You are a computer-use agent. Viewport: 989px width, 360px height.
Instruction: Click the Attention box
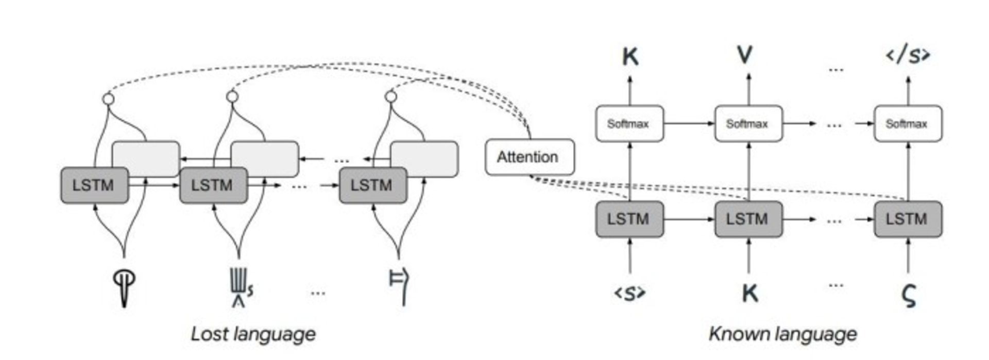click(x=529, y=157)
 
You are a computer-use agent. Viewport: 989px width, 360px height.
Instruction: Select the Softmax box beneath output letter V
click(x=748, y=124)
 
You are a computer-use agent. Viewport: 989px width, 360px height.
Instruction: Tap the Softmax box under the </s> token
click(x=908, y=124)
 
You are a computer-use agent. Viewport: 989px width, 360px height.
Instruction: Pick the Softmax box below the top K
click(x=629, y=124)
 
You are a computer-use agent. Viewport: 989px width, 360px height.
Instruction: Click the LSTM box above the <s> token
click(x=629, y=219)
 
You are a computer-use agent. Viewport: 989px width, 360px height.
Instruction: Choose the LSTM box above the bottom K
click(x=748, y=219)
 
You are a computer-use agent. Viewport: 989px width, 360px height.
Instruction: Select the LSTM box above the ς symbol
click(x=908, y=219)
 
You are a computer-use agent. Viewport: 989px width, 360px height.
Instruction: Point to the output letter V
click(x=745, y=55)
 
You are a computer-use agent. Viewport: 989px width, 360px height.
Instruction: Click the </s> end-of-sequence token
click(x=908, y=55)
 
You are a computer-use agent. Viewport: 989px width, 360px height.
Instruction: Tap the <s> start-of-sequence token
click(x=629, y=293)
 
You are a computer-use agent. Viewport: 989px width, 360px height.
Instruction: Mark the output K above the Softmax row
click(x=630, y=56)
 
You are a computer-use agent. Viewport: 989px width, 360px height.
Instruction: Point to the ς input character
click(x=909, y=296)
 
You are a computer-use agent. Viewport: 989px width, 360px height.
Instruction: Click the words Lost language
click(x=253, y=334)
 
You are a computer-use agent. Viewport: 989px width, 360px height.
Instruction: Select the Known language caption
click(x=782, y=334)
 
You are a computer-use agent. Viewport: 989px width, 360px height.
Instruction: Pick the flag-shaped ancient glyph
click(x=399, y=286)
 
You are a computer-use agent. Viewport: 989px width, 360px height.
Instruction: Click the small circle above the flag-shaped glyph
click(x=391, y=97)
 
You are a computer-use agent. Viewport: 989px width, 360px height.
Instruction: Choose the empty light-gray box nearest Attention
click(x=424, y=159)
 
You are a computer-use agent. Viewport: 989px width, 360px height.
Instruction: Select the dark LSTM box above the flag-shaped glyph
click(x=372, y=185)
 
